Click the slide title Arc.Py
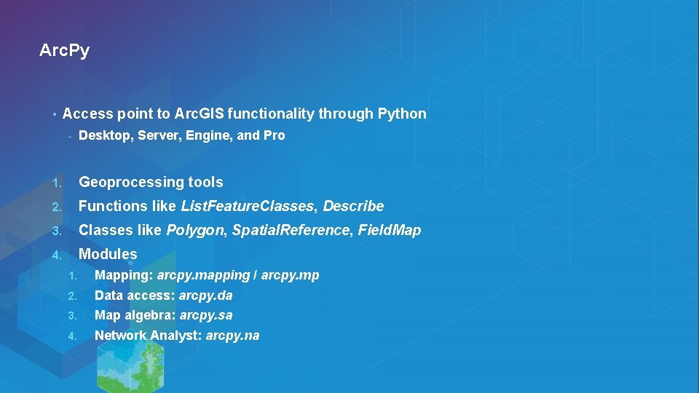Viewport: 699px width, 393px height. tap(64, 51)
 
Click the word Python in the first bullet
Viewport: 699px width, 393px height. tap(402, 114)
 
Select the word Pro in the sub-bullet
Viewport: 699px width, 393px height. tap(275, 135)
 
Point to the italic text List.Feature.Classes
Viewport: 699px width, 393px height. tap(248, 206)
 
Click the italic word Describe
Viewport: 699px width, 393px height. tap(353, 206)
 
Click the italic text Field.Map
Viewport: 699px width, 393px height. tap(390, 230)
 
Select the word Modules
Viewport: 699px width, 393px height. tap(108, 254)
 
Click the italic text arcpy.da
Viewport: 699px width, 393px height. tap(205, 295)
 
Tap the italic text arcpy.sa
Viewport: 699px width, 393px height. tap(206, 315)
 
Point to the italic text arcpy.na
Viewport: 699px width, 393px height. tap(232, 336)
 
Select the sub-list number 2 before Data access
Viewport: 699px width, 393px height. tap(71, 296)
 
